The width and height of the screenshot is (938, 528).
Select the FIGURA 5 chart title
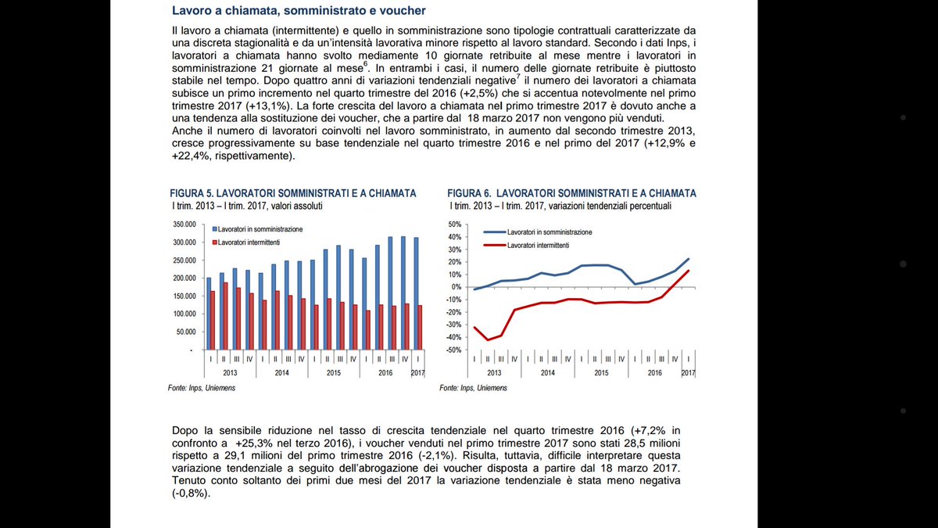(x=293, y=193)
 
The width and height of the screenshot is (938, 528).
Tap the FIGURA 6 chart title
(x=571, y=193)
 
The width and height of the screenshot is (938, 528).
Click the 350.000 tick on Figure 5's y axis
(x=185, y=224)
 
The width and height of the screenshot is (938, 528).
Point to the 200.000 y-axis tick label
(x=185, y=278)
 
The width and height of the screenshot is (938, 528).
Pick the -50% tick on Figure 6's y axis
(x=455, y=350)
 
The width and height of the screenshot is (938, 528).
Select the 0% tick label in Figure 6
(x=457, y=287)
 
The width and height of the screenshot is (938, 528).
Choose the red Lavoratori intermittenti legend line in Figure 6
(x=494, y=245)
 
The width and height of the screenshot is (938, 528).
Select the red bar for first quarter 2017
(x=420, y=327)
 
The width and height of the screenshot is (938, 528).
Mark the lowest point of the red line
(x=489, y=339)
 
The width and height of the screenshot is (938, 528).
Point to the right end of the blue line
(x=689, y=259)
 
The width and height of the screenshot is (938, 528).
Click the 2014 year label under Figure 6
(x=547, y=373)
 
